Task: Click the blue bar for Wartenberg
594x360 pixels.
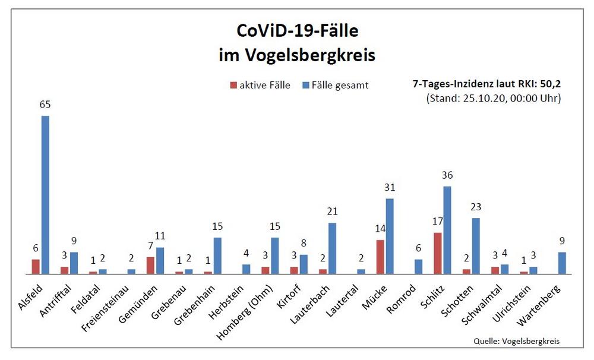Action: (x=562, y=263)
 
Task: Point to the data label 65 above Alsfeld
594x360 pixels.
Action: (x=45, y=105)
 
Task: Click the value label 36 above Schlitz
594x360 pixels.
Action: (x=447, y=175)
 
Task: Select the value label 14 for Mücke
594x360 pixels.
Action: (x=380, y=228)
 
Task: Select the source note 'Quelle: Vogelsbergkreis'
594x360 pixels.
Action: (x=516, y=341)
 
